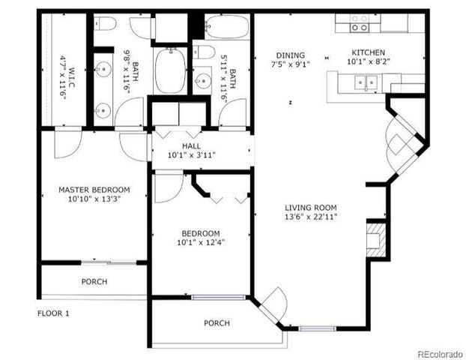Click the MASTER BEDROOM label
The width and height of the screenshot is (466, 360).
point(94,190)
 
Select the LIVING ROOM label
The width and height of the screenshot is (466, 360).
point(310,208)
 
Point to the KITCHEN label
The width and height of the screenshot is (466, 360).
point(369,52)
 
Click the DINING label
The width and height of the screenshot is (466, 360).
point(291,55)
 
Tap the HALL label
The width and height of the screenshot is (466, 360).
point(191,145)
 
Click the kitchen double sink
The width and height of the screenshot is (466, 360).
point(366,82)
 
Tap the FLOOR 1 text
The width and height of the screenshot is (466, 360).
point(53,313)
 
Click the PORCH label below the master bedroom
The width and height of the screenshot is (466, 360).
point(94,282)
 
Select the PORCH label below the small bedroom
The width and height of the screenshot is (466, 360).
point(217,323)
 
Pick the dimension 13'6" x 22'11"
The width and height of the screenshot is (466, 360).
point(310,217)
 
